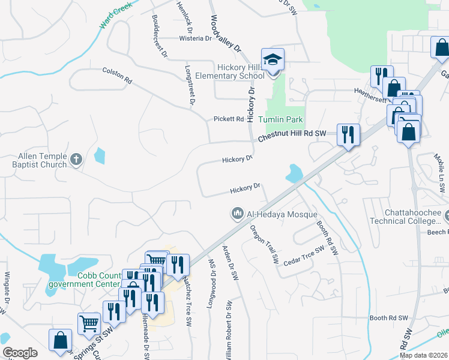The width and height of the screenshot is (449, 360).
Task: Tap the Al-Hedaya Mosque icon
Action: pos(238,213)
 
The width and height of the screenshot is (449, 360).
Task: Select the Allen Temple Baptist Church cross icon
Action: pos(76,160)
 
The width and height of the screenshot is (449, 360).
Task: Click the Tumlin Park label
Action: pos(281,119)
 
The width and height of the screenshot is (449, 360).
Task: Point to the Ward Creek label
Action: pos(112,20)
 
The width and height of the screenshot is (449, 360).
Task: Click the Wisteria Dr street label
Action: pos(196,38)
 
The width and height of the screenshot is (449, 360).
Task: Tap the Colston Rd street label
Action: pos(116,75)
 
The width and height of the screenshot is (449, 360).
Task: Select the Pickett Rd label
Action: pos(229,119)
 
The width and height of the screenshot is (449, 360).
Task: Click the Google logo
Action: pos(20,353)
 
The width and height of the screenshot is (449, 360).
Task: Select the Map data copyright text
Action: pos(424,355)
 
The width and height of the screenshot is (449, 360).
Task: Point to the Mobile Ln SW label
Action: pos(439,165)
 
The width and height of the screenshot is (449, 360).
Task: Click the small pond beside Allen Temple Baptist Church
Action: pos(99,157)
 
